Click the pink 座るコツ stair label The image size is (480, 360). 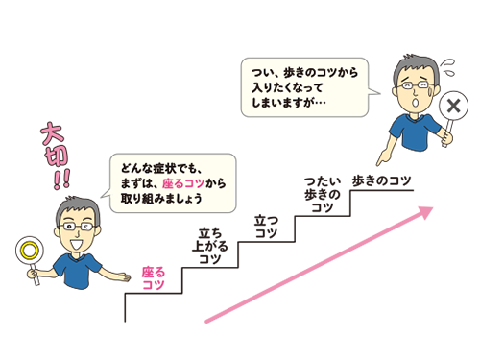coord(154,278)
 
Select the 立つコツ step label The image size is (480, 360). coord(266,227)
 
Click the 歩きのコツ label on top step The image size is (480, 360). coord(382,180)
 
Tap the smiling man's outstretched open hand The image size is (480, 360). coord(125,277)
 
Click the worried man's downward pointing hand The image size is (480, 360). coord(385,152)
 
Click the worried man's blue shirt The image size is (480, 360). coord(413,130)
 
